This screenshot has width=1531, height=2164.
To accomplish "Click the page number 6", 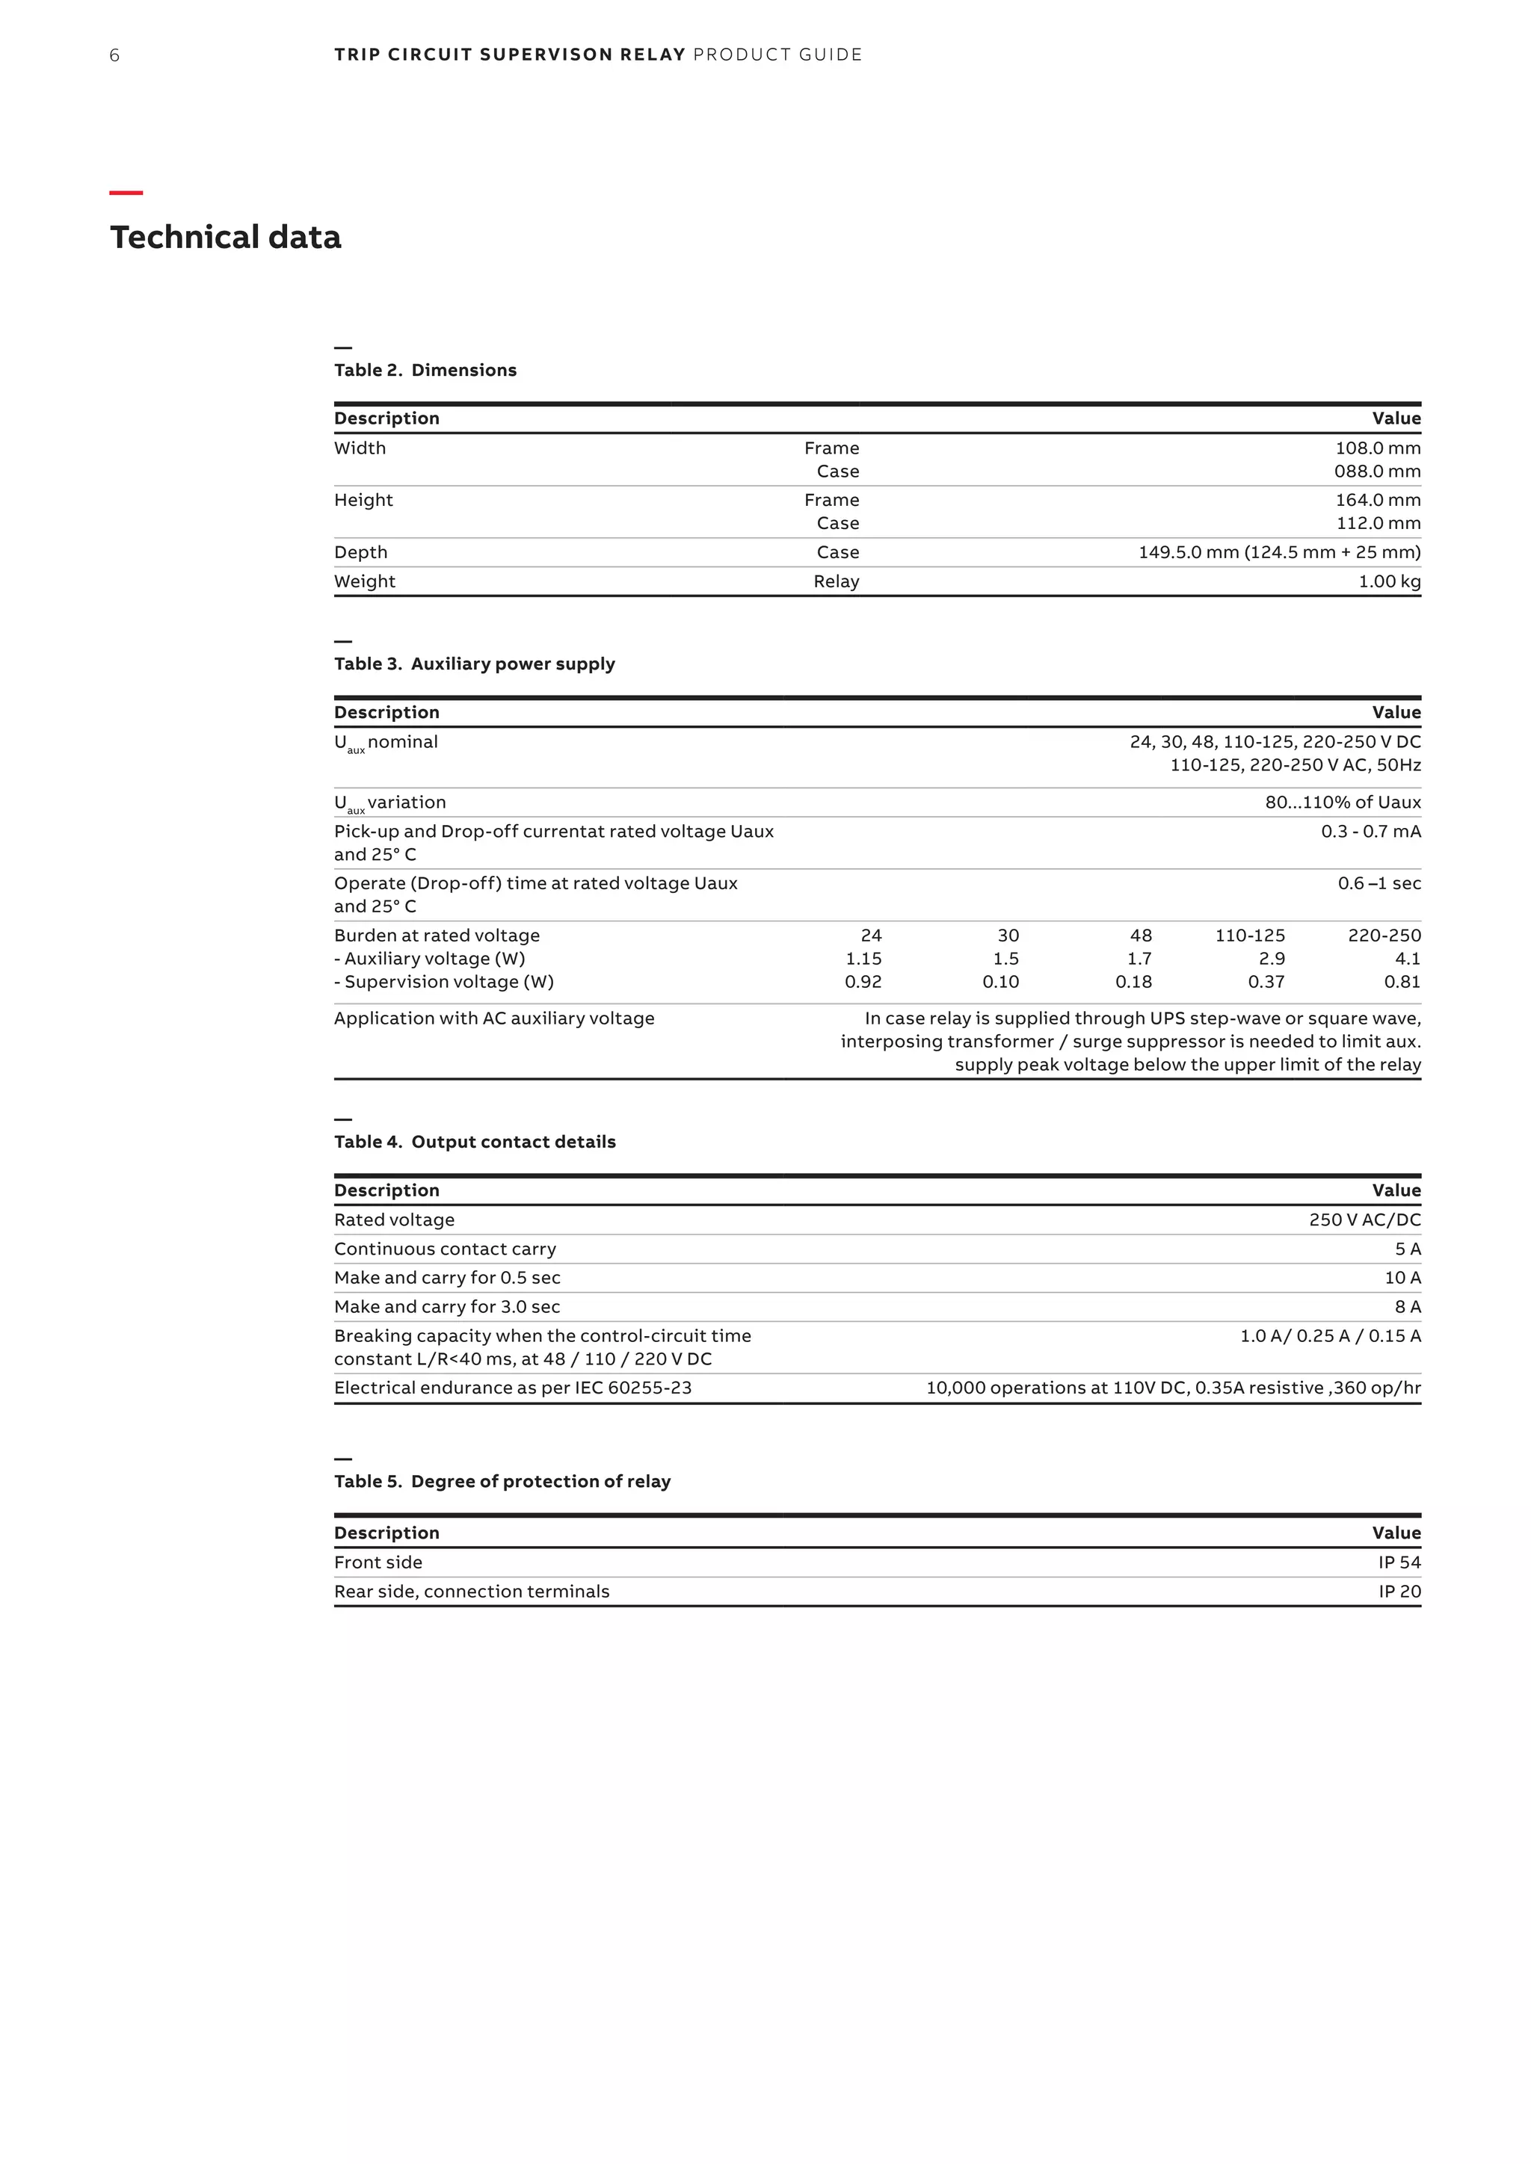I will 114,55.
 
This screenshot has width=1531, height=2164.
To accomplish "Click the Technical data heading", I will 225,238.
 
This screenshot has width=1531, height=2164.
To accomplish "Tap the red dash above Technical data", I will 126,194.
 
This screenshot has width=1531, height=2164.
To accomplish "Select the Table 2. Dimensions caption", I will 425,371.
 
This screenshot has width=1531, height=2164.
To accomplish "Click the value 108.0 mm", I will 1377,448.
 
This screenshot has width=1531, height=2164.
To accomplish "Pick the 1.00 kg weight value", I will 1389,581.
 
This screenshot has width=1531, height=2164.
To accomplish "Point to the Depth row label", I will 360,552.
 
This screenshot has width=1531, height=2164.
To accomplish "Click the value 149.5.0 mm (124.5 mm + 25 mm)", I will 1278,552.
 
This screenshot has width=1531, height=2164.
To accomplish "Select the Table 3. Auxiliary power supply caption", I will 474,664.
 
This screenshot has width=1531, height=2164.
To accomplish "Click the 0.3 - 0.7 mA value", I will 1370,831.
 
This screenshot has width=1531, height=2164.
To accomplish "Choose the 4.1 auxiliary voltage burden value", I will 1407,959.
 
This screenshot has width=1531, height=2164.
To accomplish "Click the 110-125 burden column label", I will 1249,936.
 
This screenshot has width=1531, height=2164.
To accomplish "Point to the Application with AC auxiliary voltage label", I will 494,1018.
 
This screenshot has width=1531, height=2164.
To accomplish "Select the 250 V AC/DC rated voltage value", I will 1364,1220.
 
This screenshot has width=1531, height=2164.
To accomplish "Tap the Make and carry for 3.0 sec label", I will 447,1307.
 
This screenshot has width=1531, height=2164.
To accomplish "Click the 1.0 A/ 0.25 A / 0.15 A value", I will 1330,1337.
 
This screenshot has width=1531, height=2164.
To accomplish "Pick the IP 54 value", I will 1399,1562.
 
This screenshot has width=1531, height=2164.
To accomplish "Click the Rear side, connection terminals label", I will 472,1592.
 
